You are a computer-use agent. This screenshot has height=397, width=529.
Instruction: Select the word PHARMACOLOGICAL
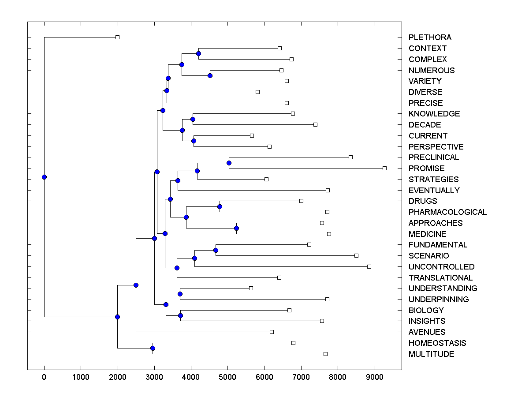pos(447,212)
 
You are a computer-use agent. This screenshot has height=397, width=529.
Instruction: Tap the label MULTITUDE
pos(431,354)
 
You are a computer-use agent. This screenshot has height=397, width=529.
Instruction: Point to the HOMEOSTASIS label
pos(437,343)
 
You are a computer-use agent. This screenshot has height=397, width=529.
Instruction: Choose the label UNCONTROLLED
pos(441,267)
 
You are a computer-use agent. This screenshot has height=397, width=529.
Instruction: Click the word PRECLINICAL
pos(433,157)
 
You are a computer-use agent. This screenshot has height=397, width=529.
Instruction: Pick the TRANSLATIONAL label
pos(440,278)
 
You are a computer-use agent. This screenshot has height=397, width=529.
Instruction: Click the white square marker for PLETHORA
pos(117,37)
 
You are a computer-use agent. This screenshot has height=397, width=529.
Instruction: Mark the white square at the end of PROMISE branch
pos(384,168)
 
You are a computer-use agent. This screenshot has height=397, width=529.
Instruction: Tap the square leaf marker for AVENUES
pos(272,332)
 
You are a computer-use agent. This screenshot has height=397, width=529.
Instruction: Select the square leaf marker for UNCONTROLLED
pos(369,266)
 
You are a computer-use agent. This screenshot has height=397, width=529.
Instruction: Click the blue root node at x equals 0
pos(44,177)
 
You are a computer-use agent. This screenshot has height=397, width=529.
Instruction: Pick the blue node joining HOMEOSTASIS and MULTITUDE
pos(153,348)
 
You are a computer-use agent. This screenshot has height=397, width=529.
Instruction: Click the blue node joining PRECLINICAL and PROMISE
pos(229,163)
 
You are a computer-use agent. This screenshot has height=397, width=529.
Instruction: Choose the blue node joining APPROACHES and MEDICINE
pos(236,228)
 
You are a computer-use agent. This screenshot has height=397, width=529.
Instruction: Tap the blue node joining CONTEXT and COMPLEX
pos(198,53)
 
